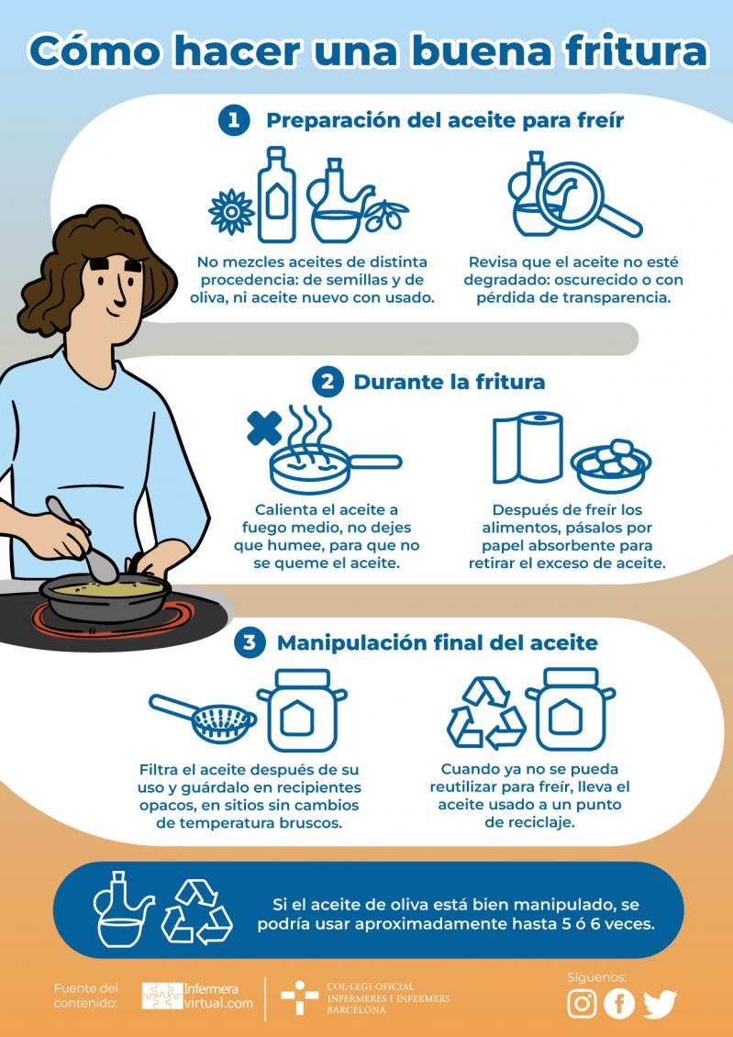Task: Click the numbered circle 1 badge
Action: [x=233, y=121]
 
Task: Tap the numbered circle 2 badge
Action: [x=328, y=383]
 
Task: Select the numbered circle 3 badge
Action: [x=250, y=642]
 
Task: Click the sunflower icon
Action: [x=231, y=212]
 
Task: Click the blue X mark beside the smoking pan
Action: [x=264, y=428]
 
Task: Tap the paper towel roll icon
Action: [x=528, y=448]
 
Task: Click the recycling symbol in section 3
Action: [x=486, y=712]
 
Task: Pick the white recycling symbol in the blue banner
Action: [x=197, y=911]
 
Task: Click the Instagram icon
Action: [x=582, y=1003]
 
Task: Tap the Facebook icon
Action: [x=619, y=1003]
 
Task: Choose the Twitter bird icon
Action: [x=661, y=1004]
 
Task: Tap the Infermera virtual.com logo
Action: [x=197, y=996]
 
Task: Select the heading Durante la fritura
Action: [x=450, y=383]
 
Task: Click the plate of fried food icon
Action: [x=611, y=465]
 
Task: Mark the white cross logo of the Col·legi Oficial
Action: [x=299, y=998]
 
